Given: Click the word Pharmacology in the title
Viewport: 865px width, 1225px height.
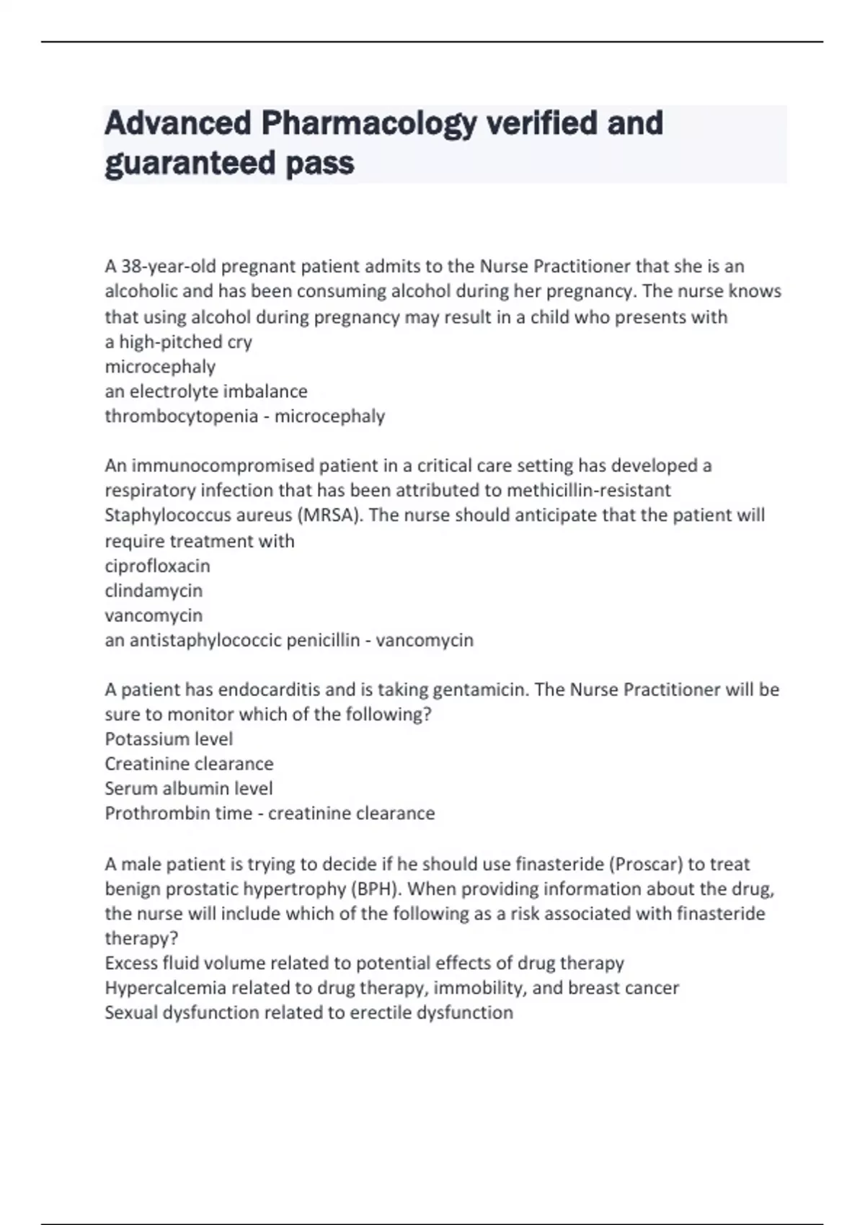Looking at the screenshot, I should (368, 124).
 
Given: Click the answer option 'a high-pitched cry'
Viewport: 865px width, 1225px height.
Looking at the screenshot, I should (178, 342).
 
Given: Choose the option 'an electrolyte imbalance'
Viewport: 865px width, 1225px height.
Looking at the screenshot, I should (206, 391).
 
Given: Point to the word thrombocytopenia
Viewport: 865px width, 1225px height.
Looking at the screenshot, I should (181, 416).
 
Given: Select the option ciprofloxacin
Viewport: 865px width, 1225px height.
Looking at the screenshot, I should (157, 566).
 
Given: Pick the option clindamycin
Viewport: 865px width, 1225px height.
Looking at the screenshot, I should (154, 591).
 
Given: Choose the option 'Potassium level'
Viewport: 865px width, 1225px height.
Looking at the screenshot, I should (169, 739).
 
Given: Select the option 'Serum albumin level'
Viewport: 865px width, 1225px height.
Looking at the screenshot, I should (189, 788).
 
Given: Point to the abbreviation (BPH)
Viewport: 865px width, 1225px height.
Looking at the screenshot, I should (376, 888).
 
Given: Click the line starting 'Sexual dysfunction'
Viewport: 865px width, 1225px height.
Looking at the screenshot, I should (309, 1012).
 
